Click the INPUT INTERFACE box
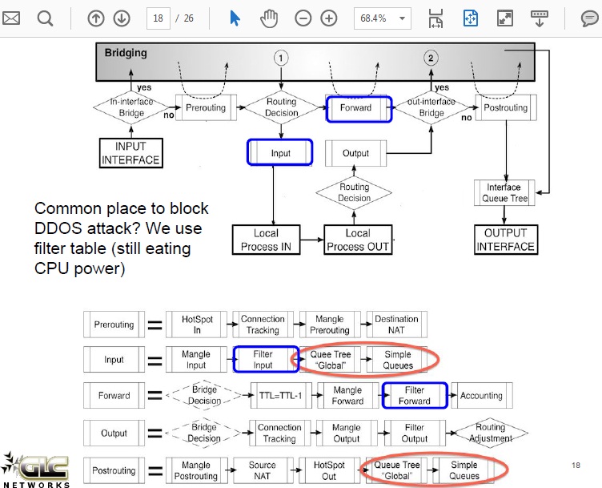click(130, 153)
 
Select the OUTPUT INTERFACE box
click(505, 240)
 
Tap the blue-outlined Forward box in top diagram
click(359, 108)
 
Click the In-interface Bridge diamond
click(133, 107)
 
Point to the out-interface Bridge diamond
click(431, 107)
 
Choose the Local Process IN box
click(266, 240)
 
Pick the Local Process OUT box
click(357, 240)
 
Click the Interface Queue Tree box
click(504, 193)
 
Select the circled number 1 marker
click(281, 58)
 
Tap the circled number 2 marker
click(431, 58)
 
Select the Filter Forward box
click(415, 396)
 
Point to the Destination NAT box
click(396, 325)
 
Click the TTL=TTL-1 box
click(280, 396)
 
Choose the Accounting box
click(481, 396)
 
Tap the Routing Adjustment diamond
click(492, 434)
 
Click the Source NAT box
click(263, 470)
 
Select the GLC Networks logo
click(35, 469)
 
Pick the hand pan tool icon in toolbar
click(270, 18)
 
